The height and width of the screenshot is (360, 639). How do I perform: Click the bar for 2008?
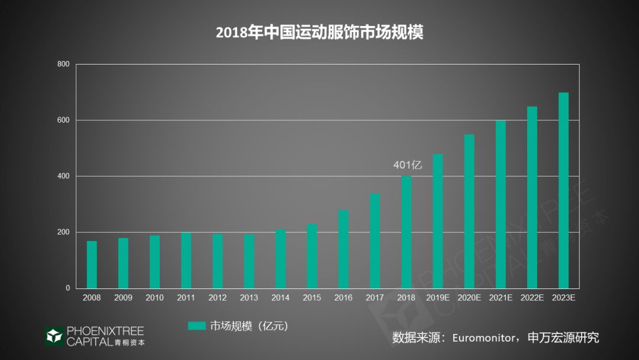(x=92, y=265)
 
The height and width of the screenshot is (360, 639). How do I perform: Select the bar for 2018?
(x=406, y=232)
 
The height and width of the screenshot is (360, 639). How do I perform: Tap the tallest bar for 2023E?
(x=563, y=190)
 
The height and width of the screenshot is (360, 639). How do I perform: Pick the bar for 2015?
(x=312, y=256)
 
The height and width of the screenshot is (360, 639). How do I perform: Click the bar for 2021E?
(x=501, y=204)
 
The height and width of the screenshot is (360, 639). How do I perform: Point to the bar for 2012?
(x=218, y=261)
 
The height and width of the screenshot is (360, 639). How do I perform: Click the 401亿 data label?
(x=408, y=165)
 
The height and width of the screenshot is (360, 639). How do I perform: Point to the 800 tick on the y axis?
(x=63, y=64)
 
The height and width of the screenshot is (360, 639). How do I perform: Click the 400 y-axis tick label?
(x=63, y=176)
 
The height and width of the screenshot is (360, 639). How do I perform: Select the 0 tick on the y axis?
(x=67, y=288)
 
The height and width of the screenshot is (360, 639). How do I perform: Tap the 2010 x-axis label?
(x=154, y=298)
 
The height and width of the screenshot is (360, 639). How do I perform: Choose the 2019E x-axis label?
(x=438, y=298)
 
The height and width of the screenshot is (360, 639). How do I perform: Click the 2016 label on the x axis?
(x=343, y=298)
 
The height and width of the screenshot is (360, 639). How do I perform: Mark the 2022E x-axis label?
(x=532, y=298)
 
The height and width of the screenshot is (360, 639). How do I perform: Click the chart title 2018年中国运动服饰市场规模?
(x=319, y=32)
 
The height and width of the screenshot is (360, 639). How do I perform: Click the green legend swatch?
(x=196, y=326)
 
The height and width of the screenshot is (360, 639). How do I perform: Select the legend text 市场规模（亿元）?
(x=248, y=326)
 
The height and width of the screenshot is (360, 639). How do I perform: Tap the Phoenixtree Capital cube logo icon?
(x=54, y=336)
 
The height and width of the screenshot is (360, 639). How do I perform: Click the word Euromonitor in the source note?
(x=483, y=338)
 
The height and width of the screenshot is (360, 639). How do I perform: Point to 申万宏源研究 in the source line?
(x=563, y=337)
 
